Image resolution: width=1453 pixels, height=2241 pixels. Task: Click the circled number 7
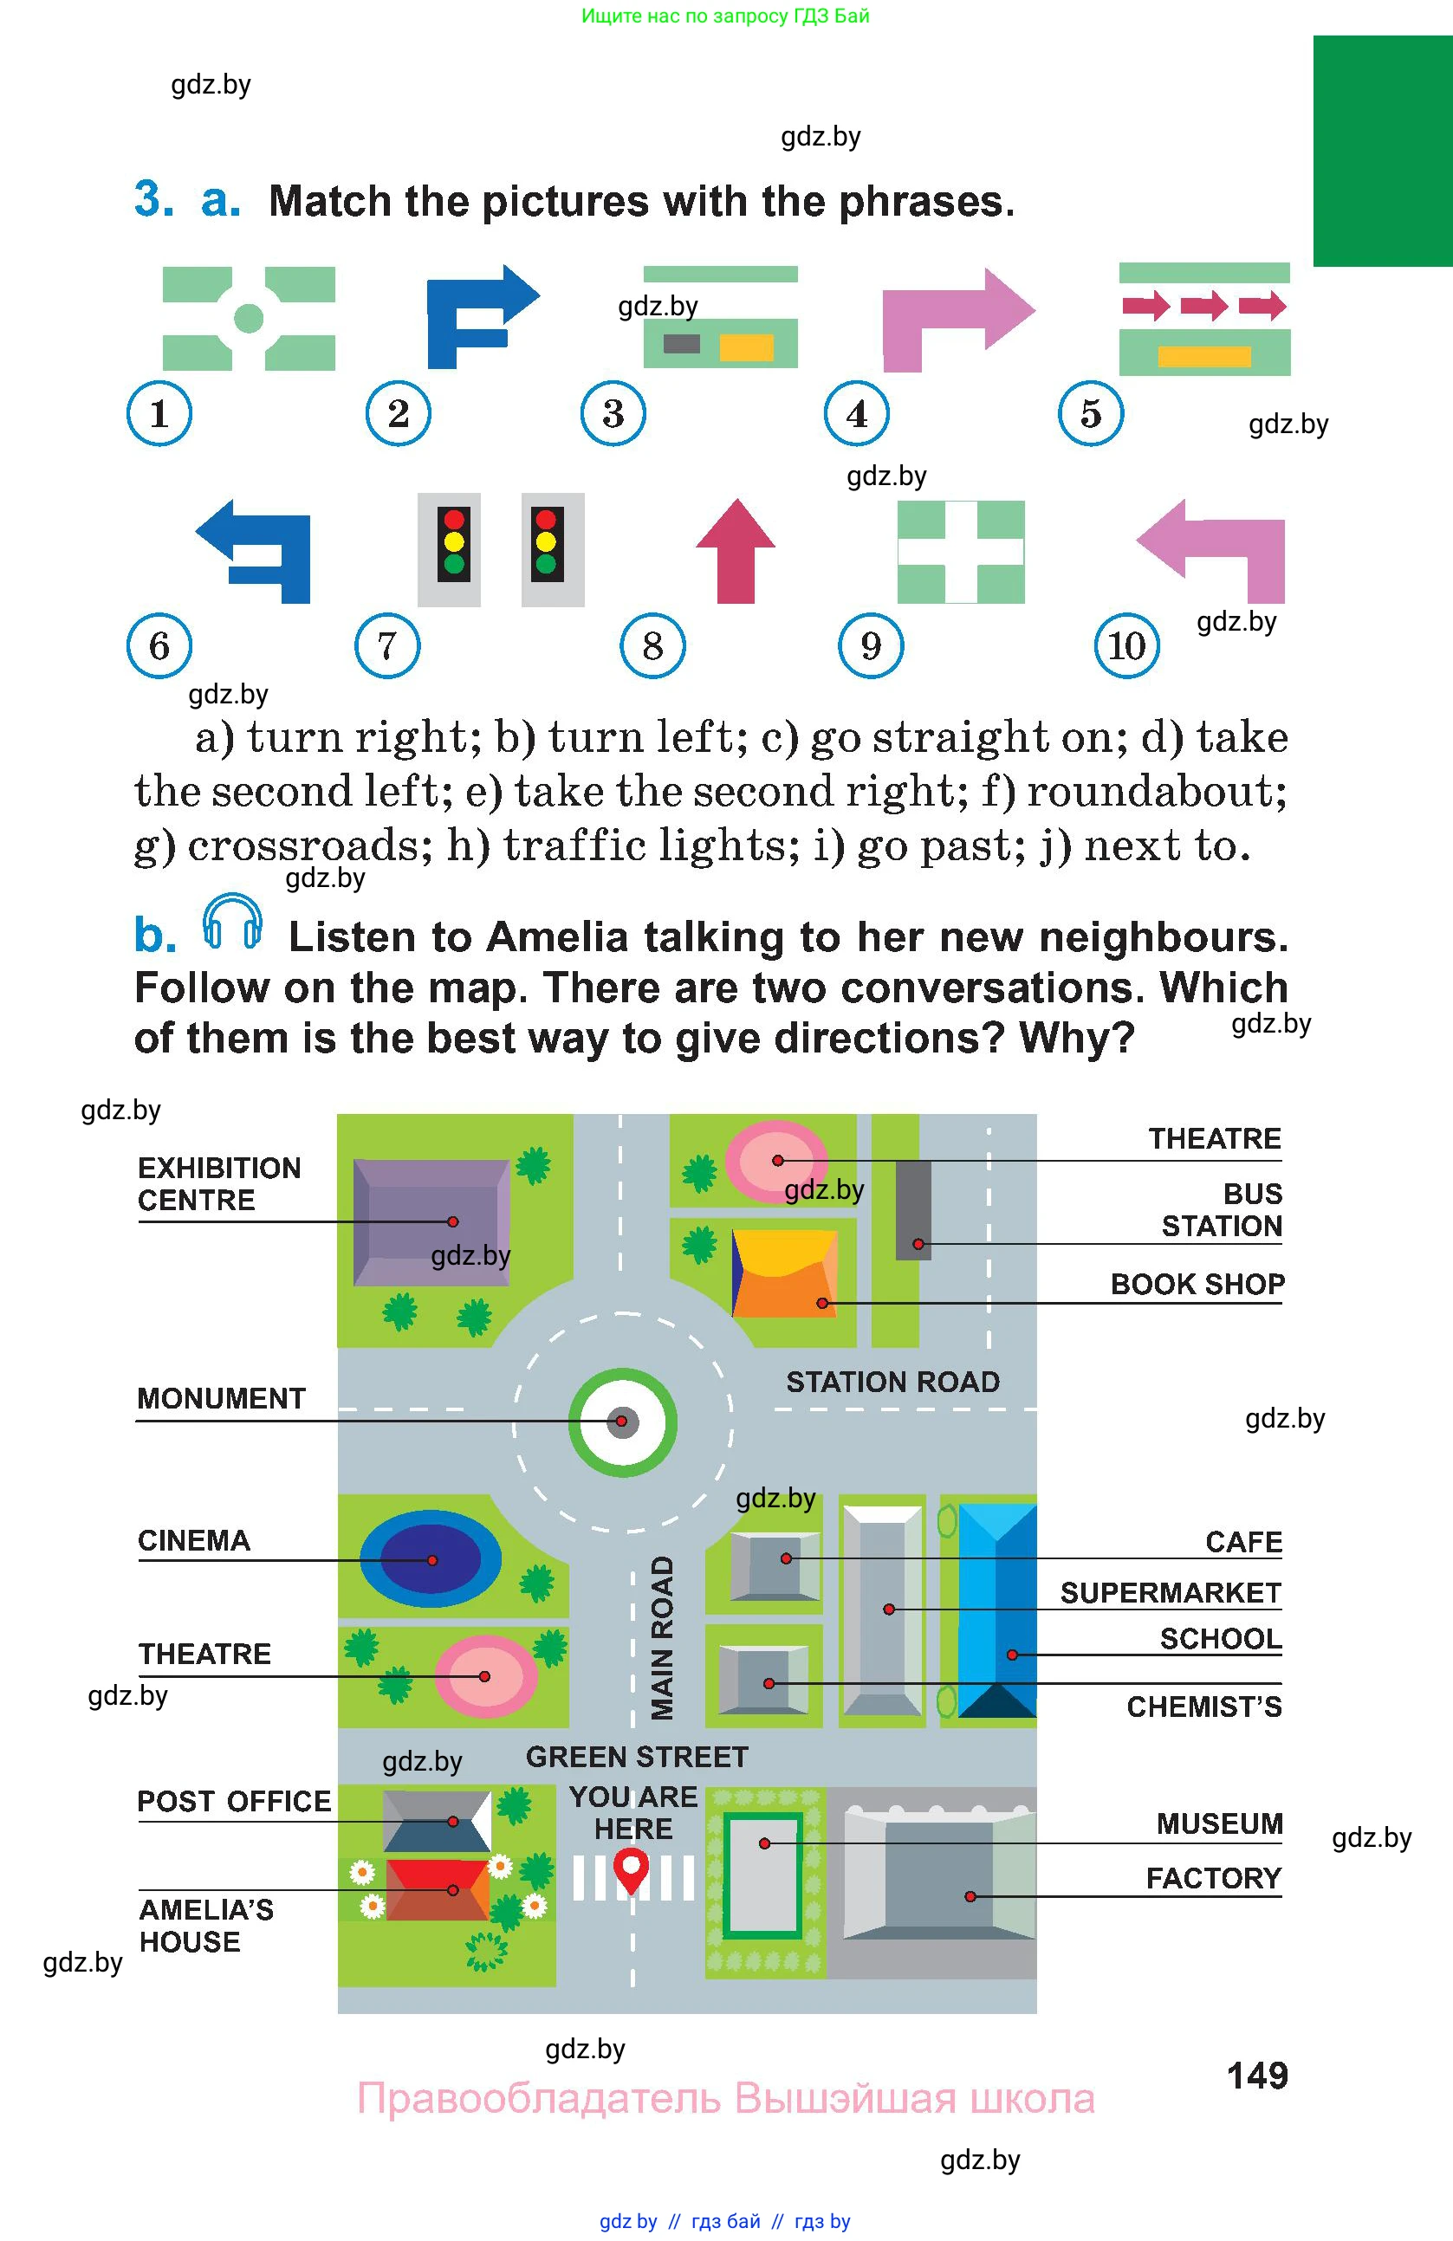click(x=387, y=646)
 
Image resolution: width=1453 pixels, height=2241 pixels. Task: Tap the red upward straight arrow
click(x=736, y=553)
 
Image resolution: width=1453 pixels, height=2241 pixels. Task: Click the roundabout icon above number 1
click(x=249, y=318)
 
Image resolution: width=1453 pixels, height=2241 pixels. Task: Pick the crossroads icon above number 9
click(x=961, y=552)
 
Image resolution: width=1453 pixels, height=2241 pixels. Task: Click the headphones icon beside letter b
click(x=231, y=923)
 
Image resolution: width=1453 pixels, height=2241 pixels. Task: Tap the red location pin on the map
click(x=631, y=1869)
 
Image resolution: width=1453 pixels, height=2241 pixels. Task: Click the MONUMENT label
click(x=221, y=1398)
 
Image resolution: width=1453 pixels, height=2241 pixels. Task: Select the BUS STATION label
click(x=1223, y=1210)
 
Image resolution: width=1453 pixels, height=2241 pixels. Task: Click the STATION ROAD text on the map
click(x=892, y=1383)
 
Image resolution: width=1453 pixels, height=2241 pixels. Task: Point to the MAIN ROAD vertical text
click(x=663, y=1638)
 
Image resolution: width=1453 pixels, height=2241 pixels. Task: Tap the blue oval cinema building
click(x=431, y=1559)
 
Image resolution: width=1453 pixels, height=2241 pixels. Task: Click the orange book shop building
click(x=783, y=1273)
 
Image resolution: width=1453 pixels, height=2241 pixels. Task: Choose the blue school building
click(x=996, y=1611)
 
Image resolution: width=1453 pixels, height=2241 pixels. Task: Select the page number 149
click(x=1257, y=2076)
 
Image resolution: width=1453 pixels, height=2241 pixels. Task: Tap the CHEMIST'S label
click(x=1203, y=1707)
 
